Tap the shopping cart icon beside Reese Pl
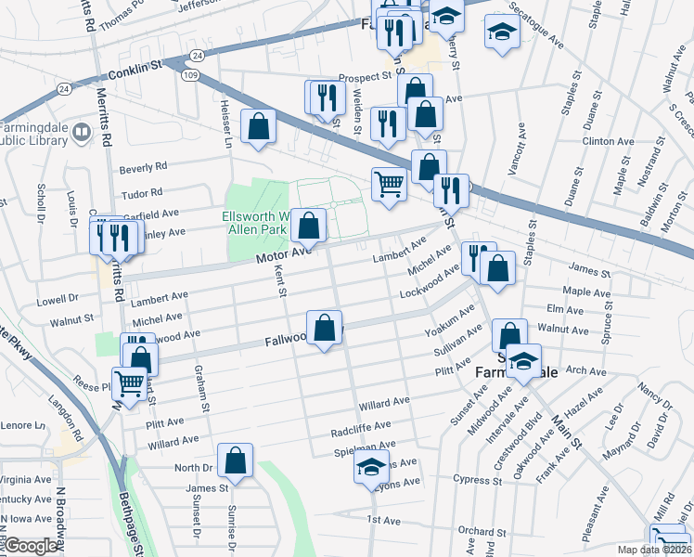[x=130, y=382]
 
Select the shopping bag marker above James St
[x=237, y=460]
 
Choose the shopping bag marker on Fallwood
[x=325, y=328]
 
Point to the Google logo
[x=32, y=546]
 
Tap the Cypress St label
[x=477, y=479]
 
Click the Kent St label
[x=280, y=278]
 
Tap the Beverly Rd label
[x=143, y=167]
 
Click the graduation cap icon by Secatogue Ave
[x=501, y=33]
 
